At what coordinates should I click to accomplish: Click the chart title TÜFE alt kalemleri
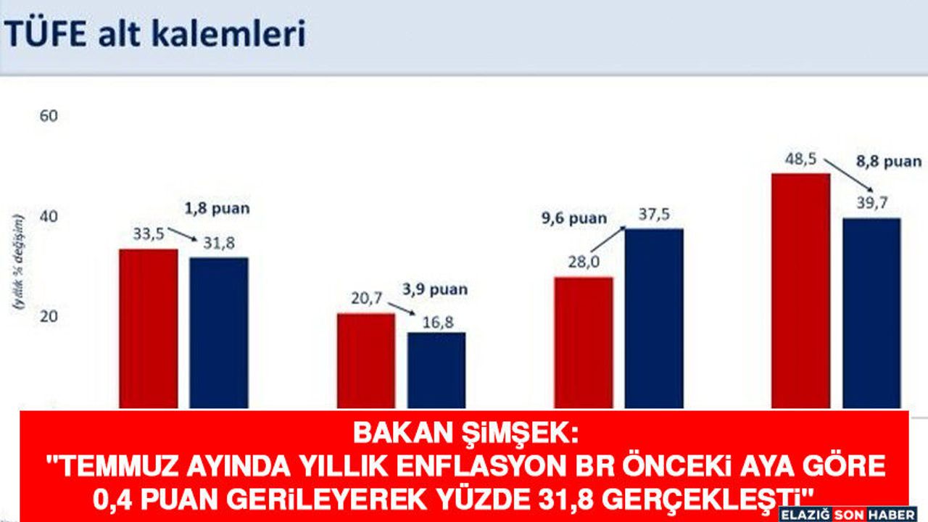[155, 33]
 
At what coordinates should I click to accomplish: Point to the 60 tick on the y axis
[49, 116]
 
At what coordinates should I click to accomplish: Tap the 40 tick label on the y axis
[49, 216]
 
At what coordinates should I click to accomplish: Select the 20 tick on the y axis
[49, 317]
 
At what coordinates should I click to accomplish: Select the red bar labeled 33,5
[149, 329]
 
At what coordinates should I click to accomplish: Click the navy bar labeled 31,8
[219, 333]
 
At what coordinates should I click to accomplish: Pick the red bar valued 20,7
[366, 361]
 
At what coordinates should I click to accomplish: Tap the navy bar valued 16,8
[436, 370]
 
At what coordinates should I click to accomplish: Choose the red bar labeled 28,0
[584, 344]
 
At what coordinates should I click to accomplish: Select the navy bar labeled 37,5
[654, 319]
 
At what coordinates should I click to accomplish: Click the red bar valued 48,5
[801, 291]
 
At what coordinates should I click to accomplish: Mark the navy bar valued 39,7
[872, 314]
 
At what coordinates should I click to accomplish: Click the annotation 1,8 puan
[217, 208]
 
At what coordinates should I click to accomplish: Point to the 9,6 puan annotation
[574, 218]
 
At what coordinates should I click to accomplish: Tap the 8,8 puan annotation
[889, 161]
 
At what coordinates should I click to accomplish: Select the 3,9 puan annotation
[435, 289]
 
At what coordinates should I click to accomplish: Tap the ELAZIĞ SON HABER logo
[848, 515]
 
